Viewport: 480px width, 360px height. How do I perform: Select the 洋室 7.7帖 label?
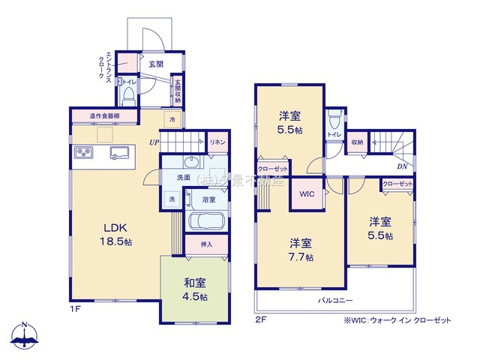click(301, 250)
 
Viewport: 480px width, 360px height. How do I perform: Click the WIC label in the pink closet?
click(307, 194)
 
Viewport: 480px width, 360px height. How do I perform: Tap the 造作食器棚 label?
click(104, 116)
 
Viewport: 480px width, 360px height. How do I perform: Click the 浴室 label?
click(208, 199)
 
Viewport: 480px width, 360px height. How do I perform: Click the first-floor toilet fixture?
click(128, 94)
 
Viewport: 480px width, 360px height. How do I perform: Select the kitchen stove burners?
click(82, 154)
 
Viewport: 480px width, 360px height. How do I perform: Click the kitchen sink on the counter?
click(118, 154)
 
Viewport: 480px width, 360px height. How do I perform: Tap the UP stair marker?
click(154, 142)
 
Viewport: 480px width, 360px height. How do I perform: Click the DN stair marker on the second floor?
click(402, 166)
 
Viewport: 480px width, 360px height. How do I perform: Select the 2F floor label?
click(260, 319)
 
